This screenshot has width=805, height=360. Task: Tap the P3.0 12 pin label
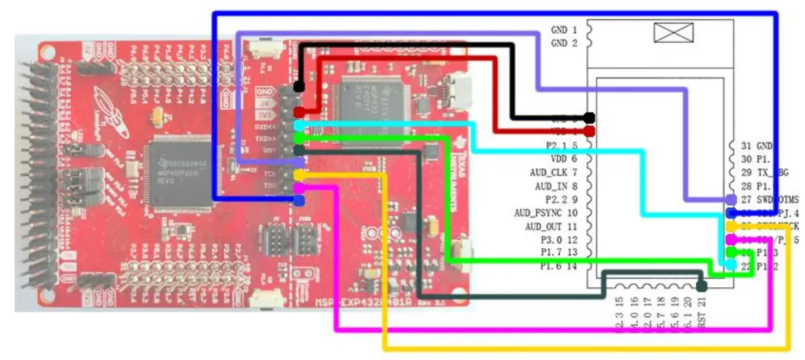click(559, 240)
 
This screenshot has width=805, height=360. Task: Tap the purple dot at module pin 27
click(731, 199)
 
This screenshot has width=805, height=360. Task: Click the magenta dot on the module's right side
click(731, 239)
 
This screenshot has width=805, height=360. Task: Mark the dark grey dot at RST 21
click(702, 287)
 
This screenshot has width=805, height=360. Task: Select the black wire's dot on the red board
click(299, 86)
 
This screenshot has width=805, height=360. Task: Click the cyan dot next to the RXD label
click(299, 125)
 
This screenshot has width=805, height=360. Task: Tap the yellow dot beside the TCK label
click(299, 175)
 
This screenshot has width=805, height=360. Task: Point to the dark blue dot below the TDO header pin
click(299, 199)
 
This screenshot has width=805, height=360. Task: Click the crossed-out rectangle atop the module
click(673, 32)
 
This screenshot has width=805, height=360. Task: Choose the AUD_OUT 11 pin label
click(551, 226)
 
